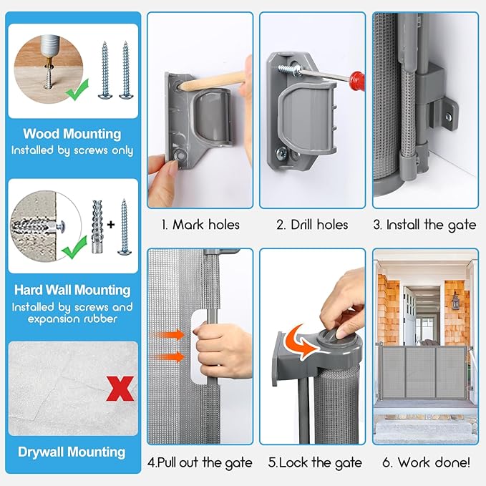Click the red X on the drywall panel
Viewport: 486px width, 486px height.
pos(120,389)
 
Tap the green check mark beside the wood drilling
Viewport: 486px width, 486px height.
pos(77,90)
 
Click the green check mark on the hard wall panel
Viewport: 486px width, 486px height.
pos(74,248)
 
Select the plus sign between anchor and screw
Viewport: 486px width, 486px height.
pos(111,224)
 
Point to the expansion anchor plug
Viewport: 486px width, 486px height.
pos(97,227)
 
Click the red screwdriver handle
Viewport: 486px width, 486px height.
pos(356,81)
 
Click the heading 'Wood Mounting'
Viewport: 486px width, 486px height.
pos(72,134)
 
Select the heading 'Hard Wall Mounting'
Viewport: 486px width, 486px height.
pos(72,290)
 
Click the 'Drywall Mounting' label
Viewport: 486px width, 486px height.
pos(72,452)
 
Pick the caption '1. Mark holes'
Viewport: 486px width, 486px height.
pos(201,225)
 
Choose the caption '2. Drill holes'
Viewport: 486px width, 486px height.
pos(312,225)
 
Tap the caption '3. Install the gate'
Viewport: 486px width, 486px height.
pos(425,225)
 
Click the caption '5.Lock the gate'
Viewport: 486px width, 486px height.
pos(315,463)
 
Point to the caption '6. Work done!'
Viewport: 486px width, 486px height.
pos(426,462)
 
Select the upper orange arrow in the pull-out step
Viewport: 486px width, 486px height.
pos(168,335)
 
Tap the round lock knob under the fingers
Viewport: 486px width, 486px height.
pos(331,336)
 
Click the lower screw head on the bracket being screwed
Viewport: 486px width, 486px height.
pos(282,152)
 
